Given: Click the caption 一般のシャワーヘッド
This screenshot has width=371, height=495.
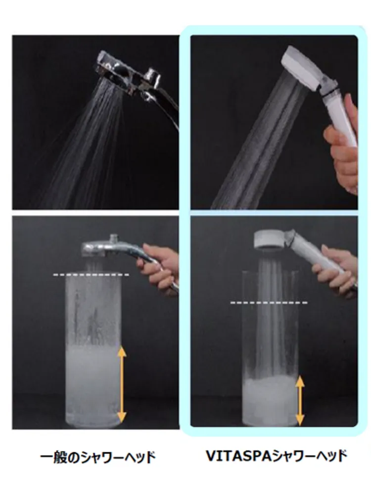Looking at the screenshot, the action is pos(98,457).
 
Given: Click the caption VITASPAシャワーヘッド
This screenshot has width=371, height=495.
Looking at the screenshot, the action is pos(277,456).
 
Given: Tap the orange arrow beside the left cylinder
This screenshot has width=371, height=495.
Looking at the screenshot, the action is pos(122,384).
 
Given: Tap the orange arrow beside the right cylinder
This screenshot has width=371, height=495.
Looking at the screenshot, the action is pos(300,401).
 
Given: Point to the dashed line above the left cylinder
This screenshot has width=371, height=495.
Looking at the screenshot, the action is pos(91,275).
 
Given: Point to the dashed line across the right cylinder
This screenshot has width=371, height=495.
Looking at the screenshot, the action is pos(269,303).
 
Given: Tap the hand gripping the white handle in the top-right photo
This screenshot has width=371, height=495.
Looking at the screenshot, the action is pos(342,145).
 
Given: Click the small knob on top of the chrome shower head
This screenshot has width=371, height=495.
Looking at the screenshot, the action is pos(114,238).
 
